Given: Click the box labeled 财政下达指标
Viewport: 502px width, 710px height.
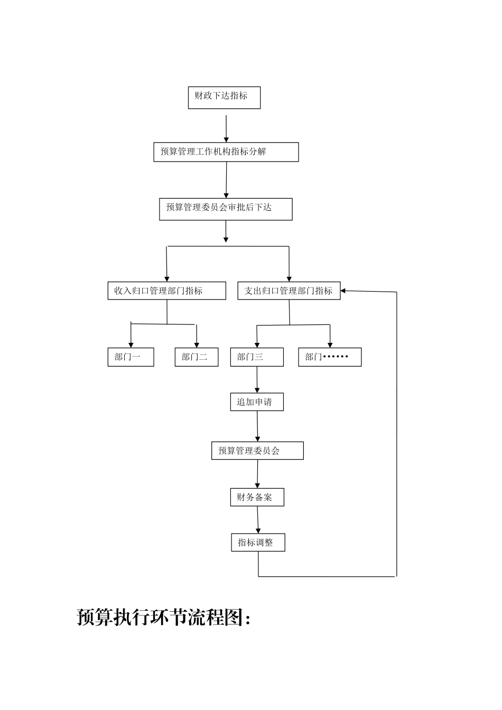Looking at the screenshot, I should (224, 98).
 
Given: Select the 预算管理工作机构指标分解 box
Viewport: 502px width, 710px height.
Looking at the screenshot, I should (226, 152).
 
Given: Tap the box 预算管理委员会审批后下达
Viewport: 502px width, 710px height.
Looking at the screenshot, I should (226, 209).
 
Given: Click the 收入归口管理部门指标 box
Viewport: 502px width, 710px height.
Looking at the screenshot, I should (166, 291).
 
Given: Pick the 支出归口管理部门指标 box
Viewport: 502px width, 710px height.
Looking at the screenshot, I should (289, 291).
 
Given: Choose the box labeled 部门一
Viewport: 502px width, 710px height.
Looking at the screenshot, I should (131, 357).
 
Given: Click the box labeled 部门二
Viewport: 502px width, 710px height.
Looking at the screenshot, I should (196, 357).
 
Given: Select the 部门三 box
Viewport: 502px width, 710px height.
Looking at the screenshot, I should (257, 357).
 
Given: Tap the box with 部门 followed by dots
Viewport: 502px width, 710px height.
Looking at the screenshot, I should (330, 357).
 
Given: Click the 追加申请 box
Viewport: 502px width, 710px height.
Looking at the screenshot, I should (257, 402).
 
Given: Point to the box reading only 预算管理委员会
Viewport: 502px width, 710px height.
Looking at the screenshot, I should (257, 451).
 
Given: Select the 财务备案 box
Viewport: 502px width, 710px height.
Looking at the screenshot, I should (257, 498).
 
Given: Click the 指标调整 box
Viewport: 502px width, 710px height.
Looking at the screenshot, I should (258, 543).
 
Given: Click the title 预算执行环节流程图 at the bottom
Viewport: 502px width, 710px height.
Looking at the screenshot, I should (164, 617).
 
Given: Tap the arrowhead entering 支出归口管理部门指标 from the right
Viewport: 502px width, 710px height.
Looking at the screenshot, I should (343, 291).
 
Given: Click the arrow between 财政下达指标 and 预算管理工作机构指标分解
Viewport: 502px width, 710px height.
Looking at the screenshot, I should (226, 127).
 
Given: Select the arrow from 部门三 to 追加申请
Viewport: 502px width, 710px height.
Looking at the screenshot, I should (257, 379).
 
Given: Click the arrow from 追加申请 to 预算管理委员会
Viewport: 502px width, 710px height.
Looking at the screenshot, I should (257, 426).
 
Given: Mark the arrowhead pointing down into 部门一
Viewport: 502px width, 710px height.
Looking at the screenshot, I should (131, 344).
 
